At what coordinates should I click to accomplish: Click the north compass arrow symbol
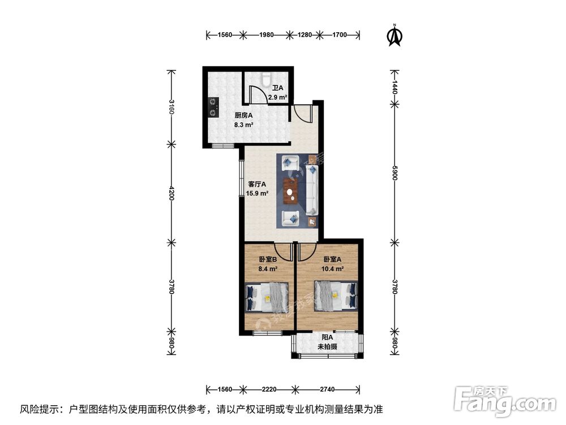point(394,35)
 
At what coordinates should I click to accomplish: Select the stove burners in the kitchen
point(213,107)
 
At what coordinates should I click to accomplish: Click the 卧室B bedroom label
point(268,260)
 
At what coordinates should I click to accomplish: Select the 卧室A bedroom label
point(333,260)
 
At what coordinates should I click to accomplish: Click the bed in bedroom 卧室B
point(267,297)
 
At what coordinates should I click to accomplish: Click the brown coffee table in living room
point(291,190)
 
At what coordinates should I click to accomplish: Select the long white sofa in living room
point(312,190)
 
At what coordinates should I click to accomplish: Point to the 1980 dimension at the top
point(267,35)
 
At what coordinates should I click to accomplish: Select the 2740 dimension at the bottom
point(328,389)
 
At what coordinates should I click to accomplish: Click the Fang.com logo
point(505,400)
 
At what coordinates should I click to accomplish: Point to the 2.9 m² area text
point(277,97)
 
